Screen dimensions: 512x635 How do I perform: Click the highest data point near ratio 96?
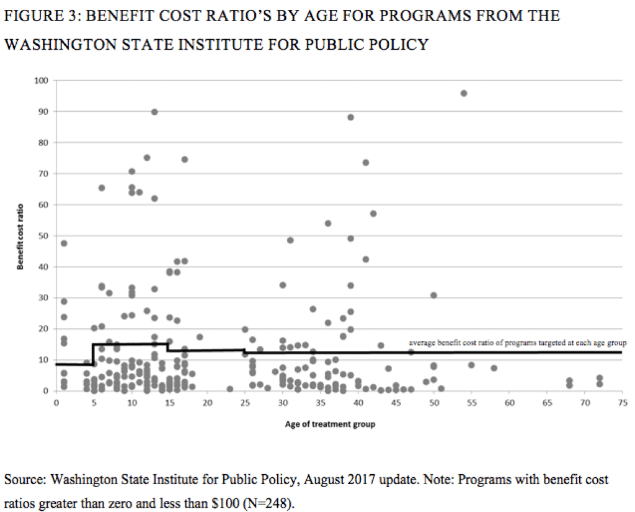(x=463, y=93)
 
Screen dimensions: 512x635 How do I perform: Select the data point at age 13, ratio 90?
(x=154, y=112)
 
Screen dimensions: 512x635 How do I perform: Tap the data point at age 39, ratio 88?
(x=350, y=117)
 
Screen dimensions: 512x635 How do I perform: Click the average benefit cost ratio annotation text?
(x=518, y=343)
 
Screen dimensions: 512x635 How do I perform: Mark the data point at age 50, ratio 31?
(x=433, y=295)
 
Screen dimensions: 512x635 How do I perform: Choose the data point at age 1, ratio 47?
(x=64, y=243)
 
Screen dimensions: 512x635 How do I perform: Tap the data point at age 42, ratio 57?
(x=373, y=213)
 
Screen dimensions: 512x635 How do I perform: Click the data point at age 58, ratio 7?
(x=494, y=368)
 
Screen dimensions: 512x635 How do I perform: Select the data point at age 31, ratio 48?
(x=290, y=240)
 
